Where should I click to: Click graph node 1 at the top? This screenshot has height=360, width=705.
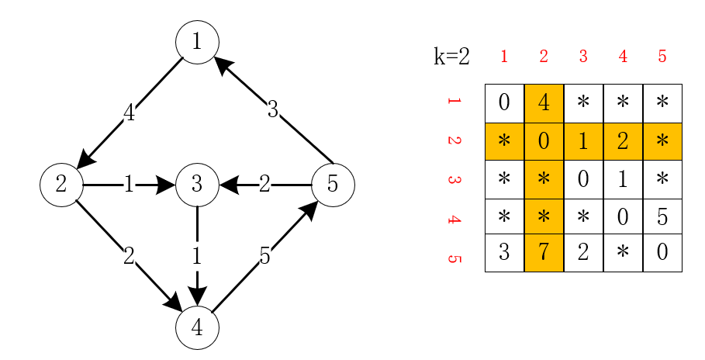point(197,42)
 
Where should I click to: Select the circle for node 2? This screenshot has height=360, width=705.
point(61,185)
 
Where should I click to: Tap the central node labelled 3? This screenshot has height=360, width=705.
point(197,185)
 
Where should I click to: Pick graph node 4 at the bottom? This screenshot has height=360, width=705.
point(197,328)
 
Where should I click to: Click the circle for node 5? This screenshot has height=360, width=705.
point(333,185)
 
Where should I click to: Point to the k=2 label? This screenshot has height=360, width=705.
point(451,57)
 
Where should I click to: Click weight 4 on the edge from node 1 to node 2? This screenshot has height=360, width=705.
point(129,113)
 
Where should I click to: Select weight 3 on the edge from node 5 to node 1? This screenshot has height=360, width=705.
point(272,110)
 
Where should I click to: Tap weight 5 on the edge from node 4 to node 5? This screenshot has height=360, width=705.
point(264,256)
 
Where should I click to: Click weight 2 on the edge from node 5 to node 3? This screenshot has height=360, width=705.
point(264,185)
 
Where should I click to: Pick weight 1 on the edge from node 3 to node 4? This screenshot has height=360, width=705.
point(197,256)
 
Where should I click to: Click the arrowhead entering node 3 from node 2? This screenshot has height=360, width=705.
point(166,185)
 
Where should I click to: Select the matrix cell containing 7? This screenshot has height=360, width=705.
point(544,253)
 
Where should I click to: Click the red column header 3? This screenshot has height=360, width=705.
point(583,57)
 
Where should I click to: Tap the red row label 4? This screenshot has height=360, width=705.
point(454,219)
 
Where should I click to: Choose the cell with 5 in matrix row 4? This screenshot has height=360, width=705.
point(662,217)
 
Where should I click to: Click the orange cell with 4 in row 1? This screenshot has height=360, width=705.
point(544,103)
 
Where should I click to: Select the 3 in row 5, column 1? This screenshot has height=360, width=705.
point(504,253)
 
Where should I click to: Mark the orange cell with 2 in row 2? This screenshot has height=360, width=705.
point(623,141)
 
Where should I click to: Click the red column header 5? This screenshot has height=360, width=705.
point(662,57)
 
